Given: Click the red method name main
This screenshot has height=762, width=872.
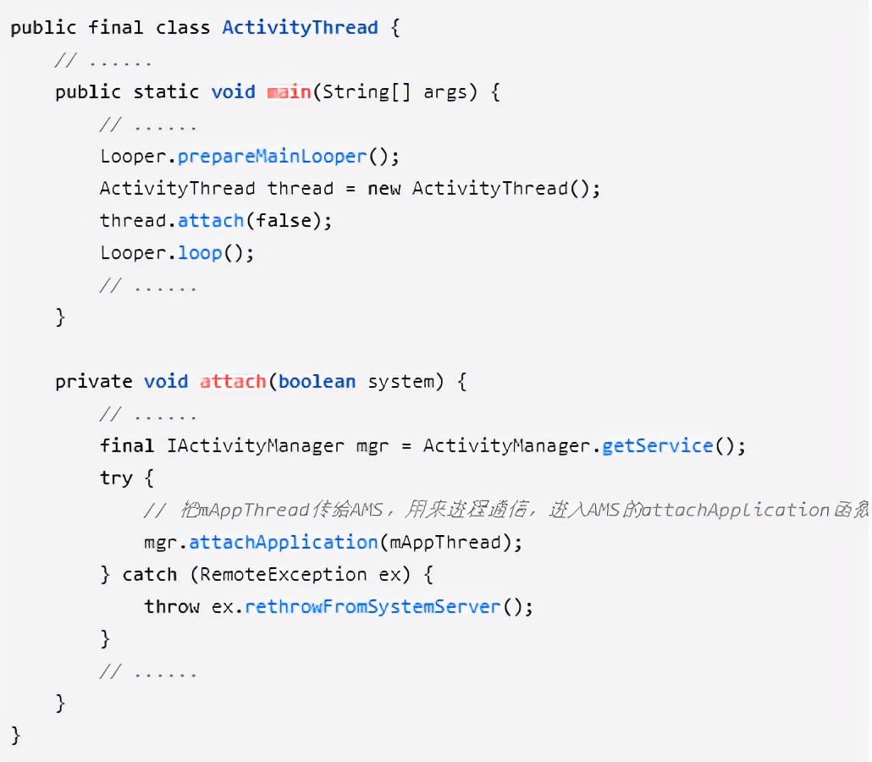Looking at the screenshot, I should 289,91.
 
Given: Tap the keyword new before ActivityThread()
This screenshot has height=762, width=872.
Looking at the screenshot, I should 384,188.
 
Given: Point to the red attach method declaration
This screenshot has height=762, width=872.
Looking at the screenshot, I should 233,381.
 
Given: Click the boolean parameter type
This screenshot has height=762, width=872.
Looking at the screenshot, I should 317,381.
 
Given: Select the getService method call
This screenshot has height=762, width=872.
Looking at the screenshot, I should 657,445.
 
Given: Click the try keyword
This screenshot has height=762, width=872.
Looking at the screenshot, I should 116,478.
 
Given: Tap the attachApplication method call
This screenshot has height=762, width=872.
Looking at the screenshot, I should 283,542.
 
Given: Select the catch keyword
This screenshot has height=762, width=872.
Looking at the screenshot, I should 150,574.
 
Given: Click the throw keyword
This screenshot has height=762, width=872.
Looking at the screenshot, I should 172,606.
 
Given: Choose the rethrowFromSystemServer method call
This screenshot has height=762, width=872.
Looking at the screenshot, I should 373,606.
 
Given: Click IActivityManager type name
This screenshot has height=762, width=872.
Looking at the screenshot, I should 256,445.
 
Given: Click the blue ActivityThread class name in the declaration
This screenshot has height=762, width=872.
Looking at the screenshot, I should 300,27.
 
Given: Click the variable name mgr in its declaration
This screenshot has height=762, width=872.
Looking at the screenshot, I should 373,445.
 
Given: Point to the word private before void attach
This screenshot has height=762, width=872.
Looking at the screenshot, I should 93,381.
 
